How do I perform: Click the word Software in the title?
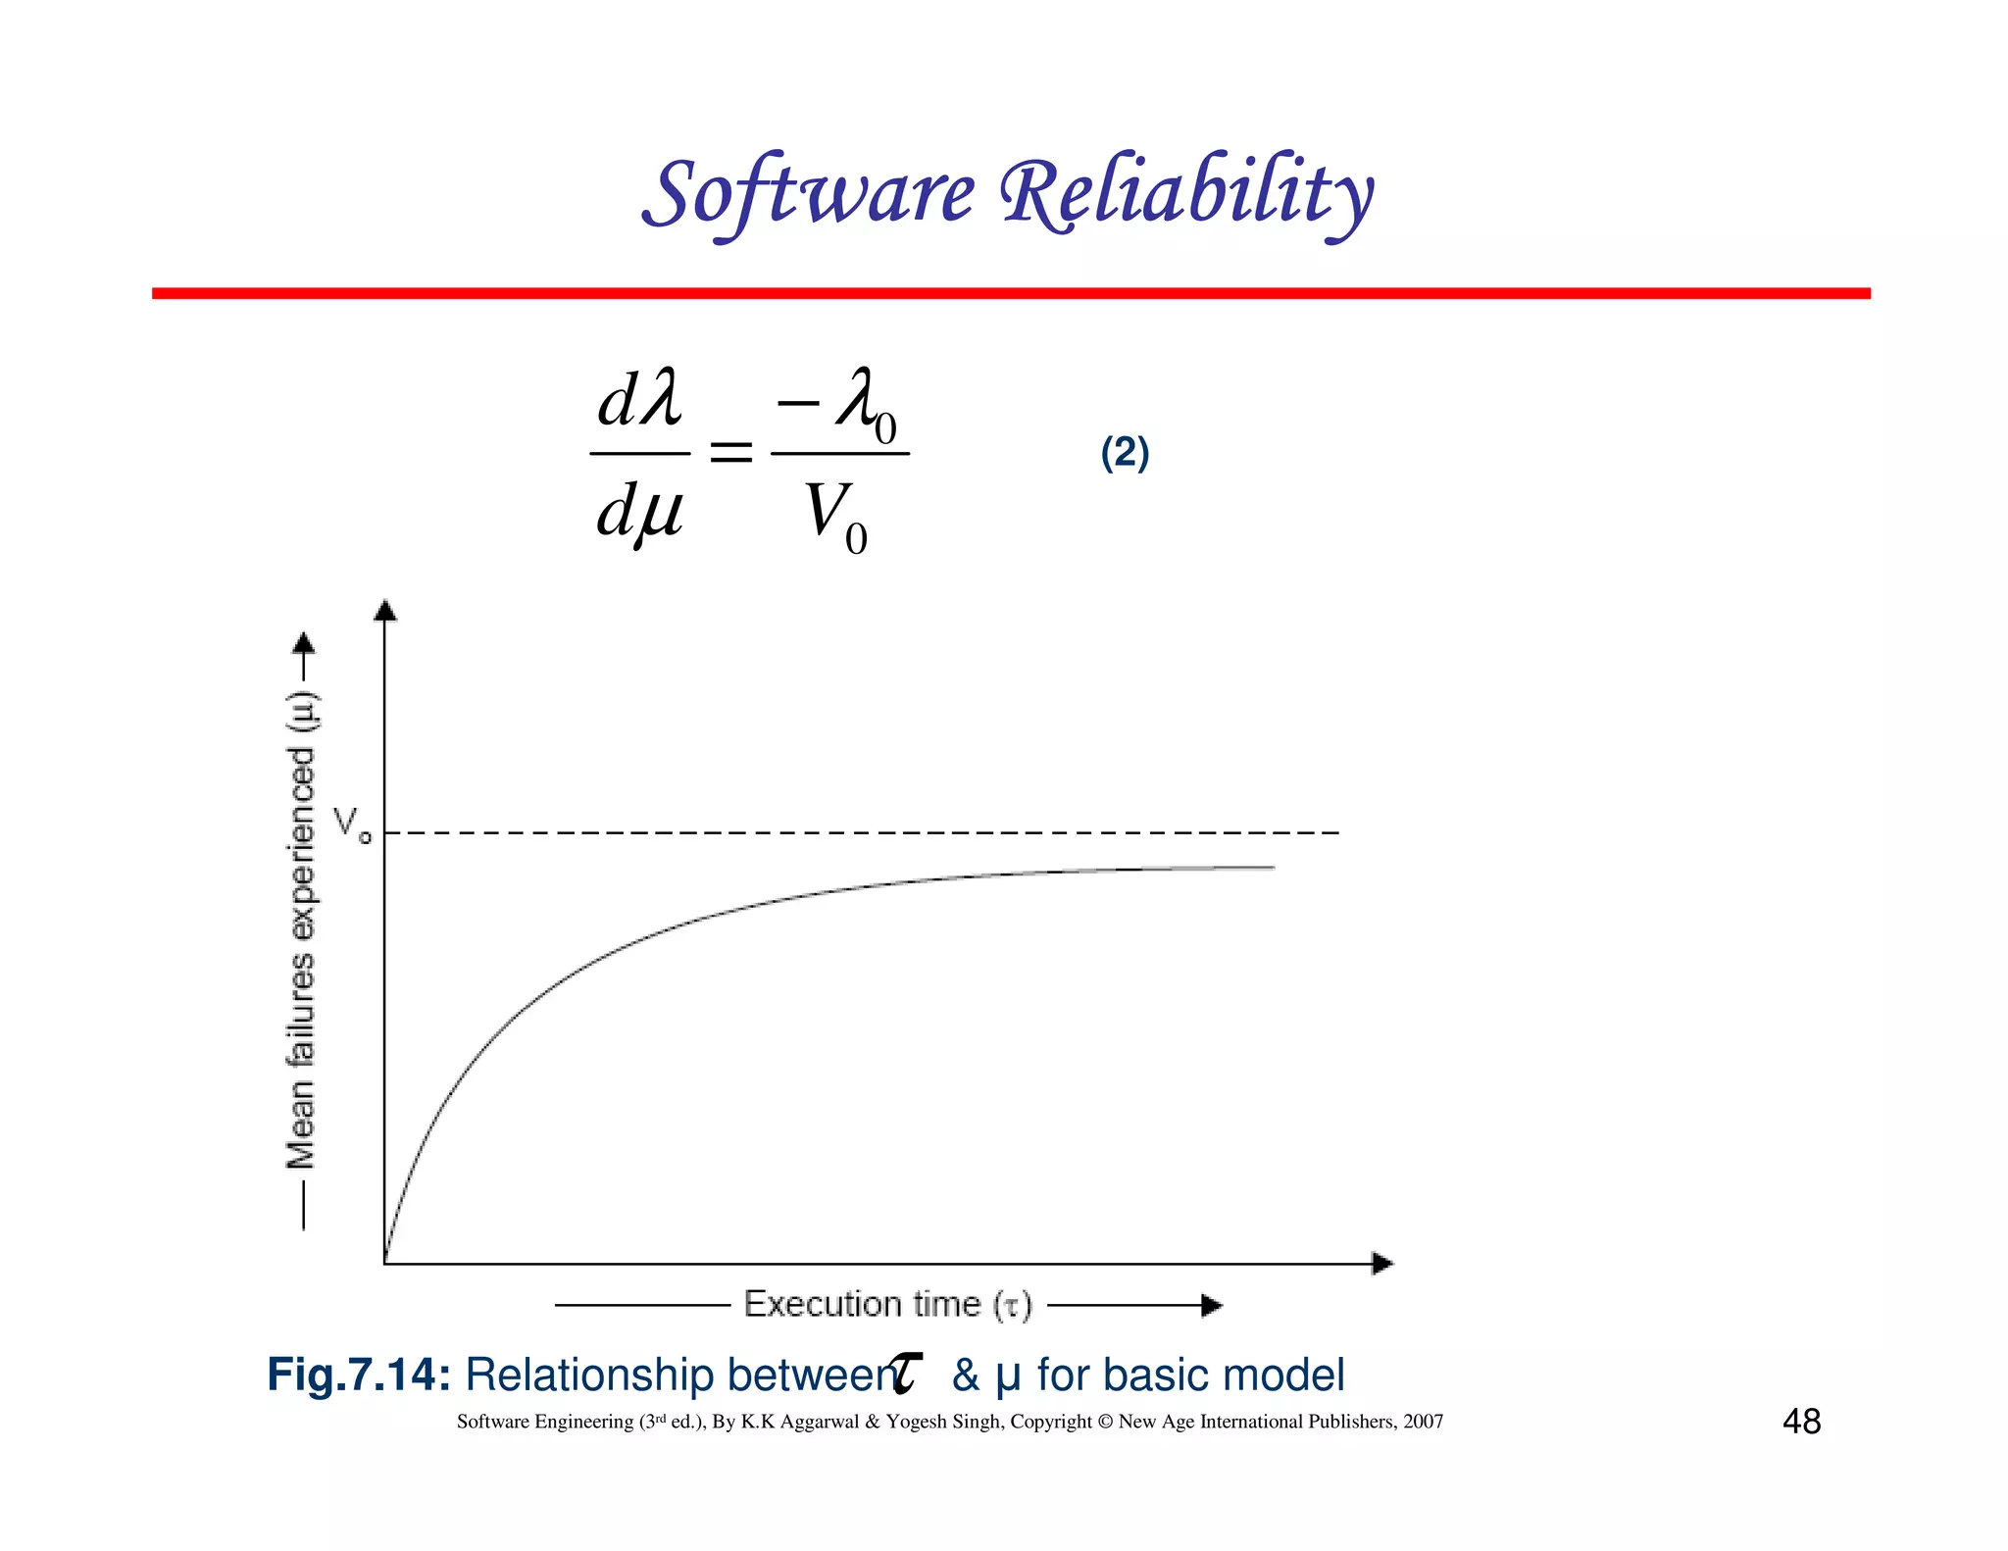[x=810, y=194]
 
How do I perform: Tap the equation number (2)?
[x=1125, y=453]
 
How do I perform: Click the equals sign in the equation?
[x=730, y=452]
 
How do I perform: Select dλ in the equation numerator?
[x=639, y=400]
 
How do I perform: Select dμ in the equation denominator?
[x=639, y=512]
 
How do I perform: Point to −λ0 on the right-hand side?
[x=839, y=402]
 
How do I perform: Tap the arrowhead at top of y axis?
[x=385, y=610]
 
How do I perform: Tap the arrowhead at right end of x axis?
[x=1382, y=1264]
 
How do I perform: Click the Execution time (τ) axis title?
[x=887, y=1305]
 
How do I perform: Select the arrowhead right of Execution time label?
[x=1213, y=1305]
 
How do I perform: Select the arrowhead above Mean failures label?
[x=305, y=643]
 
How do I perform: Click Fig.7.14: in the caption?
[x=359, y=1375]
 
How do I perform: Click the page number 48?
[x=1801, y=1422]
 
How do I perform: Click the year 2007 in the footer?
[x=1423, y=1422]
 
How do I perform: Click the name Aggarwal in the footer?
[x=819, y=1422]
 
